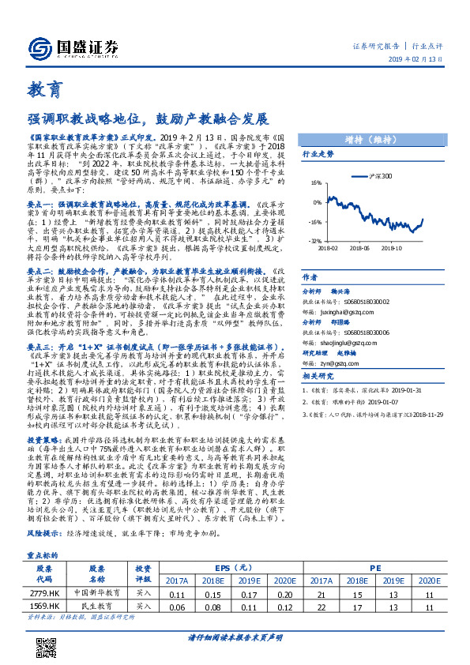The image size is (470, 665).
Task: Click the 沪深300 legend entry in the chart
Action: pyautogui.click(x=382, y=176)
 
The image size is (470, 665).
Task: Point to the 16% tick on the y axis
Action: pyautogui.click(x=314, y=181)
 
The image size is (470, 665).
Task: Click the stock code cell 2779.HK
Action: pyautogui.click(x=44, y=570)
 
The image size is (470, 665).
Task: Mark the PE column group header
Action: pyautogui.click(x=374, y=545)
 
